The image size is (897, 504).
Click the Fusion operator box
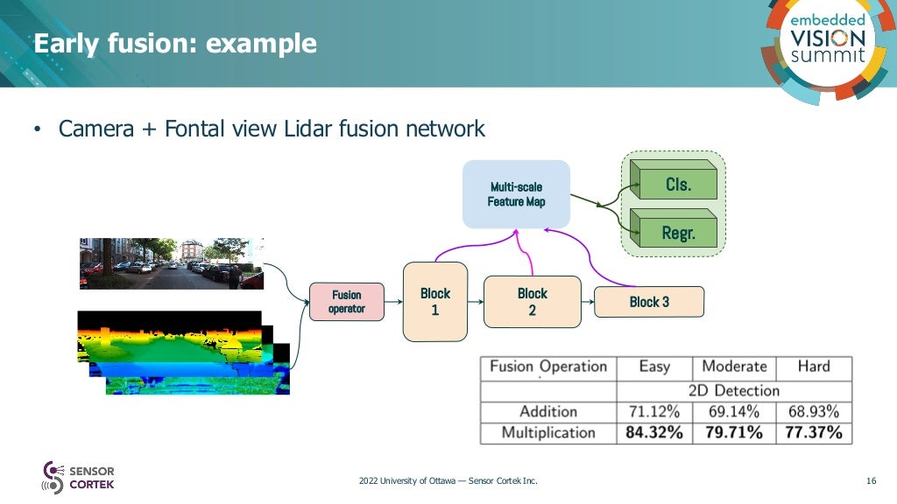(347, 302)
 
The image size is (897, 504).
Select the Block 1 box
(434, 302)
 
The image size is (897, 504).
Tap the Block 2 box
(532, 302)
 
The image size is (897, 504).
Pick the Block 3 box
(649, 302)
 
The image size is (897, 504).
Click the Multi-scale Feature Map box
(516, 194)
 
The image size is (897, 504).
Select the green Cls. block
(677, 185)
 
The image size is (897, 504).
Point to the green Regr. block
(677, 233)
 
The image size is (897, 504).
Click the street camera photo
(172, 263)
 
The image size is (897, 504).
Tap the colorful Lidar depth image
(175, 350)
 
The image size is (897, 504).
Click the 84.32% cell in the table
(653, 433)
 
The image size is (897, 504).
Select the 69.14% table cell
(733, 411)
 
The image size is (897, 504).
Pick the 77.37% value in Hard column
(813, 433)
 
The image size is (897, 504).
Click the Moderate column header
(734, 367)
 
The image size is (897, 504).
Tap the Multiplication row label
(547, 433)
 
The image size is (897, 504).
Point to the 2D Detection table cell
(734, 389)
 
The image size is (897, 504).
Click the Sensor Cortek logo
(79, 478)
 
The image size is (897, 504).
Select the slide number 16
(871, 480)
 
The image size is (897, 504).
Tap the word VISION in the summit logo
(828, 38)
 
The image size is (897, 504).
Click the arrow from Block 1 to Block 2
(476, 302)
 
